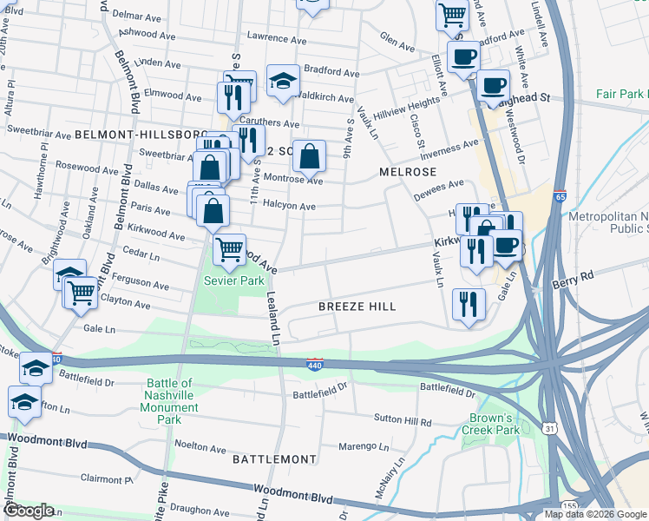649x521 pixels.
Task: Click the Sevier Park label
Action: pos(233,281)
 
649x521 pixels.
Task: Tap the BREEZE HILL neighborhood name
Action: pos(357,307)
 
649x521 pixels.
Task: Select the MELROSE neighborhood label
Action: pos(405,172)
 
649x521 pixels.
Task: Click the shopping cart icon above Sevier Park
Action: pos(230,250)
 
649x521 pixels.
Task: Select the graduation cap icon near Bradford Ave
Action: pos(283,81)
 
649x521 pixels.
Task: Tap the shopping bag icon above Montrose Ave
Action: pos(310,156)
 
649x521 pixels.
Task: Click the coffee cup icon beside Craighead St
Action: pos(493,86)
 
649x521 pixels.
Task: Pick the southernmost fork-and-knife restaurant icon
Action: pos(469,305)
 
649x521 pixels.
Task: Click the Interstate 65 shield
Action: pos(560,197)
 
